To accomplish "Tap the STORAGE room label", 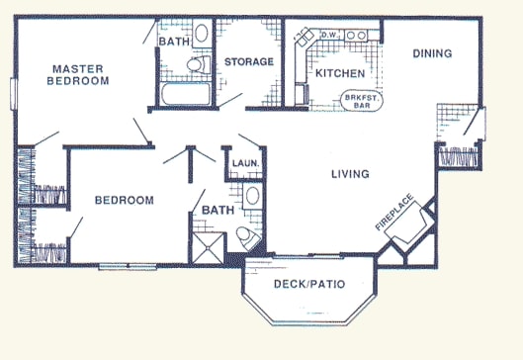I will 248,62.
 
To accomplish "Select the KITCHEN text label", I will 339,73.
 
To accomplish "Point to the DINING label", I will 432,53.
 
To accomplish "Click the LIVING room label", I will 350,175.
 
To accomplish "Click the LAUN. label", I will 244,162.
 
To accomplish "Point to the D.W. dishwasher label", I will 330,38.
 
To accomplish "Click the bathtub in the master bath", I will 183,95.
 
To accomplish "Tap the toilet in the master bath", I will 199,66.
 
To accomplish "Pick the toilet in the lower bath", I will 245,237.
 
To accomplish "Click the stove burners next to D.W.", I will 357,38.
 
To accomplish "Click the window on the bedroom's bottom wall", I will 128,265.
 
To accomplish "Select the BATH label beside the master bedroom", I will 174,43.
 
